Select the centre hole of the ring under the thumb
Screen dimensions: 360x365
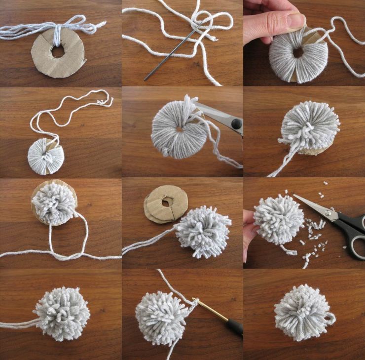[298, 52]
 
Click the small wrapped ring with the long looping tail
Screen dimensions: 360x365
[46, 156]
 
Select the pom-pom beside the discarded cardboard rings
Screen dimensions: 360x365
[203, 231]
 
